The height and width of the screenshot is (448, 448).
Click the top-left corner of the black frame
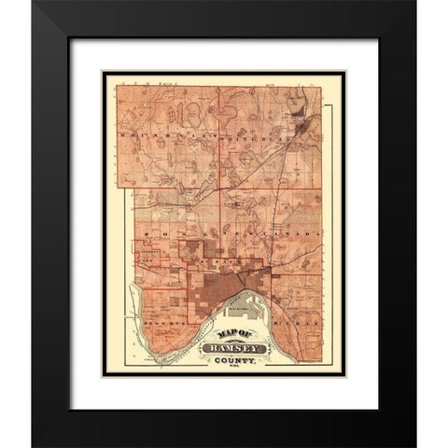pos(34,4)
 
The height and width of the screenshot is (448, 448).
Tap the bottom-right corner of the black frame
pos(413,445)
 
